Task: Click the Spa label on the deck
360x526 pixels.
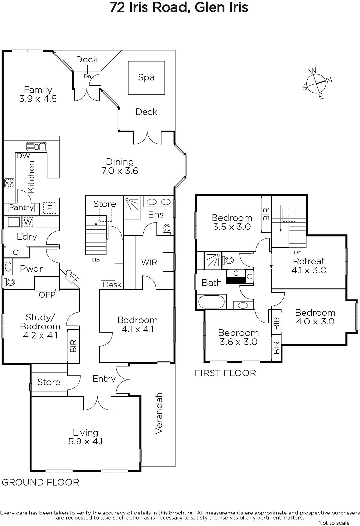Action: pyautogui.click(x=146, y=77)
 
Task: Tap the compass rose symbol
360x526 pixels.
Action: pyautogui.click(x=317, y=83)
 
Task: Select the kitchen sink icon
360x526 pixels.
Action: pyautogui.click(x=36, y=147)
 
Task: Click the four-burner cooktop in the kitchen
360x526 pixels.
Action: pyautogui.click(x=10, y=183)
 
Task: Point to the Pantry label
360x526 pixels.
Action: pyautogui.click(x=21, y=207)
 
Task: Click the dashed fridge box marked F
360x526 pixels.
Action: pyautogui.click(x=49, y=208)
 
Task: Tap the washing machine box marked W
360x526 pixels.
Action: pyautogui.click(x=28, y=222)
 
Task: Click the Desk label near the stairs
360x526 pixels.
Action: pyautogui.click(x=112, y=285)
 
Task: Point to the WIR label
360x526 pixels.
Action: pyautogui.click(x=149, y=262)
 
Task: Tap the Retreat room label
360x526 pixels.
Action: pyautogui.click(x=309, y=261)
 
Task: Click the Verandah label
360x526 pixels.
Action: pyautogui.click(x=159, y=413)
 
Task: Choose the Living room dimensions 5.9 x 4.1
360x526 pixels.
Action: pyautogui.click(x=85, y=442)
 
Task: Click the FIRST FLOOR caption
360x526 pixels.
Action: pyautogui.click(x=225, y=373)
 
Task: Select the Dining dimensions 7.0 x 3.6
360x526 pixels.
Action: pyautogui.click(x=120, y=171)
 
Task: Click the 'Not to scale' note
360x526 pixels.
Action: pyautogui.click(x=334, y=523)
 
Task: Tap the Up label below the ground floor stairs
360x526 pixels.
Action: pyautogui.click(x=96, y=260)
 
